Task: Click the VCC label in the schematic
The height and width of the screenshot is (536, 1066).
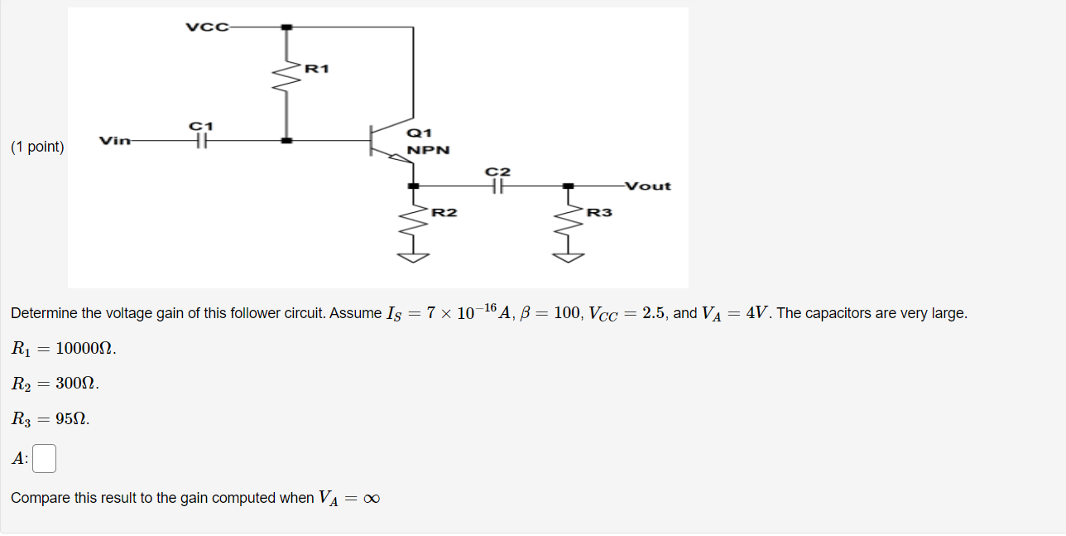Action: click(207, 27)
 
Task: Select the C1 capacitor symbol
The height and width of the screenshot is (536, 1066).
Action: click(202, 141)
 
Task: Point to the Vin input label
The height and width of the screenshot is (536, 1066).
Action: click(115, 141)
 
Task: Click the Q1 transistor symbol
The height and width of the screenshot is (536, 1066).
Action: click(391, 141)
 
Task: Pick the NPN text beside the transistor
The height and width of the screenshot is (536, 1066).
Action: click(429, 150)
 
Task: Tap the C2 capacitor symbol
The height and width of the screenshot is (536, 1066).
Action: click(497, 186)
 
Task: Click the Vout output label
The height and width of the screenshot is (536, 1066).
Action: click(648, 186)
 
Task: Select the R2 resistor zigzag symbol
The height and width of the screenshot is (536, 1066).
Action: click(413, 222)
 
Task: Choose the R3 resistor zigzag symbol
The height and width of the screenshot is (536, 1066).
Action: click(569, 222)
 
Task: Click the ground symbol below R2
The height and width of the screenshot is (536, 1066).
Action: click(413, 258)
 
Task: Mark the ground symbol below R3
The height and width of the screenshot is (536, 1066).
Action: click(569, 258)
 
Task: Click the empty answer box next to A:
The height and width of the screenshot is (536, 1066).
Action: click(44, 458)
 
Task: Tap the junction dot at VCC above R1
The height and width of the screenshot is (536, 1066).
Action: click(286, 27)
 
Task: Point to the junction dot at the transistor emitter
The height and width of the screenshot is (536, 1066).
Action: click(413, 186)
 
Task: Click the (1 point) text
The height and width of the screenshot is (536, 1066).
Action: click(37, 147)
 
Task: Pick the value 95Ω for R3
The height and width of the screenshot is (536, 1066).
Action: click(70, 418)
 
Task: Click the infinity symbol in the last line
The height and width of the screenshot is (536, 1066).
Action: click(372, 499)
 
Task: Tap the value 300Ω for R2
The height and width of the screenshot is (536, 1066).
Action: click(75, 383)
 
